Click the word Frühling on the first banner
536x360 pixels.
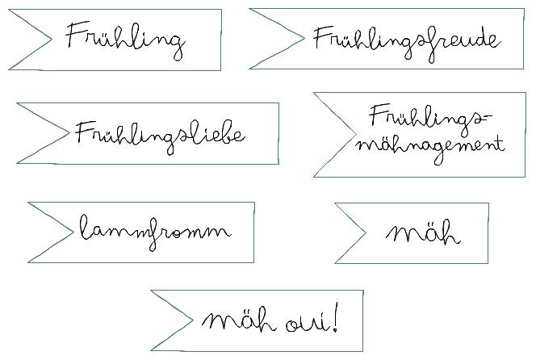[x=125, y=39]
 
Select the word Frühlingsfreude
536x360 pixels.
[x=406, y=39]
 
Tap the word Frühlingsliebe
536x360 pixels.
[x=160, y=133]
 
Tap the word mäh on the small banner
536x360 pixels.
[x=423, y=234]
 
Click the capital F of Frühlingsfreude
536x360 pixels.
[x=320, y=37]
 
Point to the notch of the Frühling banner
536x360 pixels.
[x=51, y=39]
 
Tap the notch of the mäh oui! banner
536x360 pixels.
[x=192, y=320]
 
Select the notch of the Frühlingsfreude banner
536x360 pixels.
[x=304, y=37]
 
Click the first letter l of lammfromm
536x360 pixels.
[x=84, y=229]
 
